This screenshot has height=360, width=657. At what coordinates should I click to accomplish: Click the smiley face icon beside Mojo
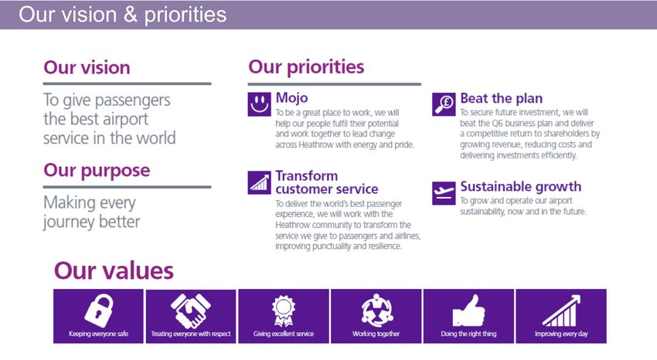click(x=260, y=104)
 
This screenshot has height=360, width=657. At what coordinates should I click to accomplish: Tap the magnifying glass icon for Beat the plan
click(x=444, y=104)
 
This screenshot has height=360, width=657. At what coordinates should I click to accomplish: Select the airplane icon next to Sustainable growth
click(x=444, y=193)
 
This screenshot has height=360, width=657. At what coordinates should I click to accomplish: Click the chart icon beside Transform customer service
click(x=260, y=182)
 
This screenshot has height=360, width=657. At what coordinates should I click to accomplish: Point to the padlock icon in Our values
click(x=99, y=311)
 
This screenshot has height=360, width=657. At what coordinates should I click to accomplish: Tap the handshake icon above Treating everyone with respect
click(x=191, y=311)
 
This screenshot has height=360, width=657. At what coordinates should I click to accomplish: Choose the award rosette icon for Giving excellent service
click(x=284, y=311)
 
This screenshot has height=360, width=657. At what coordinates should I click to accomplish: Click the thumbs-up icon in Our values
click(x=468, y=311)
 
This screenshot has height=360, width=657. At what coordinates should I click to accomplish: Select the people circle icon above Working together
click(x=376, y=311)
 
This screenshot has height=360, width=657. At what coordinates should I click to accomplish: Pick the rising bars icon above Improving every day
click(x=561, y=311)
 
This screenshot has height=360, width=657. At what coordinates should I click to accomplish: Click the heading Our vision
click(x=87, y=68)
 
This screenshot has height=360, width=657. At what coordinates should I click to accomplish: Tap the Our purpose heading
click(x=97, y=171)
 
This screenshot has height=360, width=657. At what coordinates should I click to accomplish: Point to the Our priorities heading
click(x=306, y=67)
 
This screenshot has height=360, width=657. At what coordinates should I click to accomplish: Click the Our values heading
click(x=114, y=270)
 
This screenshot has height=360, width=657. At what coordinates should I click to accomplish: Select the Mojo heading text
click(x=291, y=98)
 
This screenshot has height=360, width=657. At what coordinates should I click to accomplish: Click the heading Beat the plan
click(x=502, y=98)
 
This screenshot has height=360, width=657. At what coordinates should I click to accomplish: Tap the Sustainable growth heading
click(x=521, y=187)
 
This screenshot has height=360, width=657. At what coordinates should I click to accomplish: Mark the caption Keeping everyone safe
click(x=98, y=334)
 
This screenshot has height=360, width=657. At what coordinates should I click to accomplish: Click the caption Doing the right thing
click(x=468, y=334)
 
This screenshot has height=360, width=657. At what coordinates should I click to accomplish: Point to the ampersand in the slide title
click(x=131, y=14)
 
